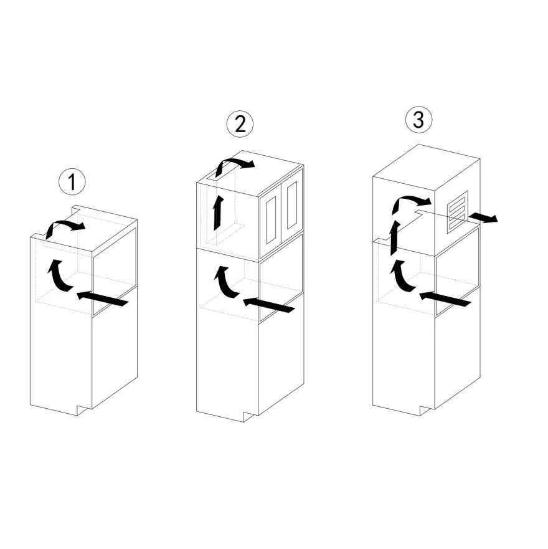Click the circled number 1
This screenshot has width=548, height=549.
72,182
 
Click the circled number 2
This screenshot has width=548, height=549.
240,124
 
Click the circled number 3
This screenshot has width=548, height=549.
418,120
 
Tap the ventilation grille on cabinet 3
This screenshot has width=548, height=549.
457,212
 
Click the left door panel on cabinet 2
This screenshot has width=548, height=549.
272,220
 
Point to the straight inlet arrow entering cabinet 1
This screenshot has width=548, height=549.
102,298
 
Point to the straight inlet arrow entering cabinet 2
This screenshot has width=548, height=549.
269,305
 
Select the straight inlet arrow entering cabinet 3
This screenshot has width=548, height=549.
445,298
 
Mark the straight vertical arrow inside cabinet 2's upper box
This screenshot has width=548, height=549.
219,213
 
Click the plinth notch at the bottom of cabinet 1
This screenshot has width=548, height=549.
84,410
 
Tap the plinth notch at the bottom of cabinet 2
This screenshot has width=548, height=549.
251,417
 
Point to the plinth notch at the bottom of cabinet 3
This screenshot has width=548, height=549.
427,411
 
